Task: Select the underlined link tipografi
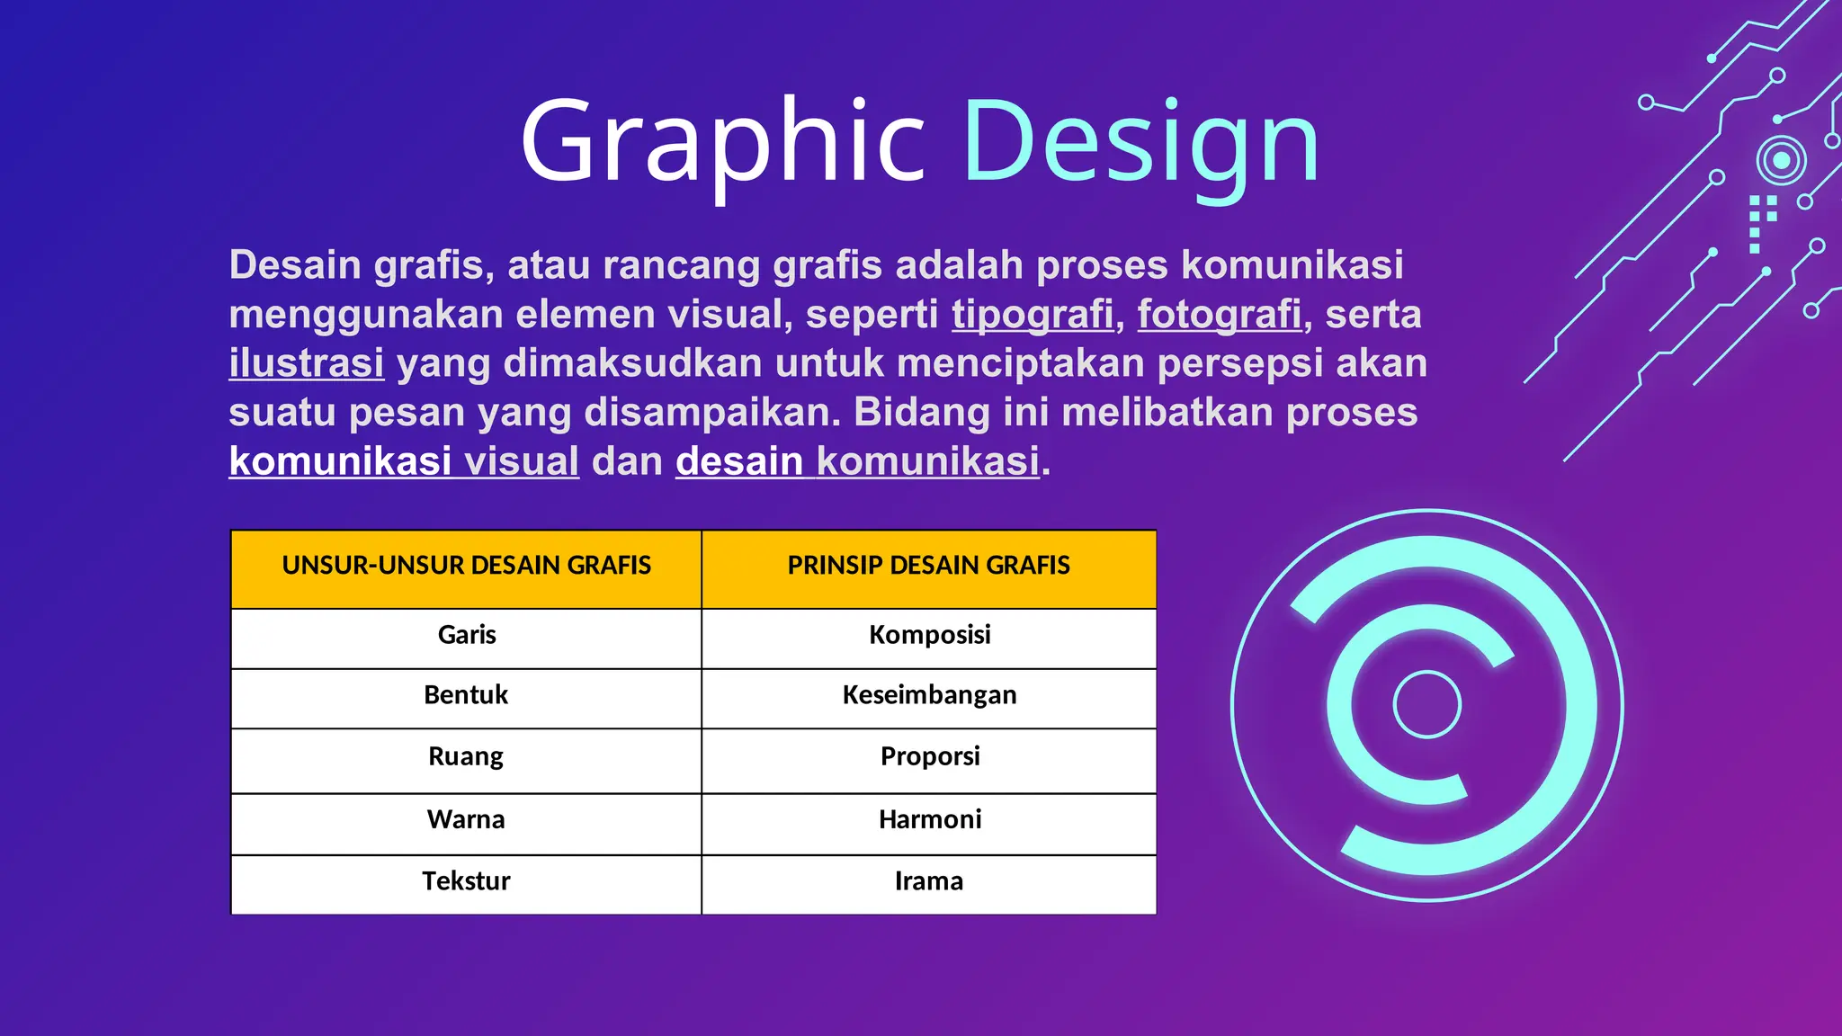tap(1033, 315)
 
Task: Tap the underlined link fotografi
tap(1219, 315)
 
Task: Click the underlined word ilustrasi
tap(306, 363)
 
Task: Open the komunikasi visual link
tap(404, 461)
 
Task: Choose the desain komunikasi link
tap(857, 461)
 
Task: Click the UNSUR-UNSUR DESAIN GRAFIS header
tap(466, 566)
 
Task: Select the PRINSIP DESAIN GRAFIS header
tap(928, 566)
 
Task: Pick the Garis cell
tap(466, 635)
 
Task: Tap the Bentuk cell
tap(466, 695)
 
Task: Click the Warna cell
tap(466, 819)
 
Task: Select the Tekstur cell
tap(466, 881)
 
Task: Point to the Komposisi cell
tap(929, 635)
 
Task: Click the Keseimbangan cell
tap(929, 695)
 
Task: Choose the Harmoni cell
tap(929, 819)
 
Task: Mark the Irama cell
tap(929, 881)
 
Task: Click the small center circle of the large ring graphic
tap(1426, 704)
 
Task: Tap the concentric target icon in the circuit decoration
tap(1781, 161)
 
